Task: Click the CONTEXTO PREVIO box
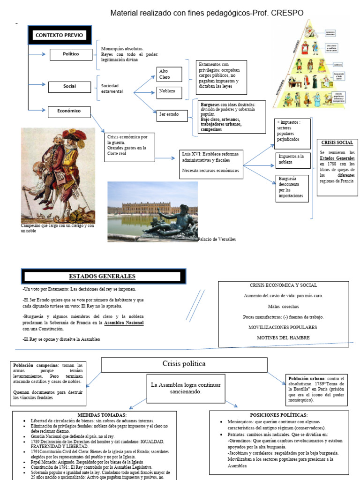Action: point(59,35)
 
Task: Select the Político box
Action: point(71,54)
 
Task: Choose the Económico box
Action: point(69,111)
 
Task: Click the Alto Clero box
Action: point(170,74)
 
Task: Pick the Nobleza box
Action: point(170,91)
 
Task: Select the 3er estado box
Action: point(173,114)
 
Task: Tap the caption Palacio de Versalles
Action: point(217,239)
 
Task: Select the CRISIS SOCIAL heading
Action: point(337,142)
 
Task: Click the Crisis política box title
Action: point(184,364)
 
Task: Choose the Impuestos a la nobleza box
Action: point(292,159)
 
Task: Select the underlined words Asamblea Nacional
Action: point(124,323)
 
